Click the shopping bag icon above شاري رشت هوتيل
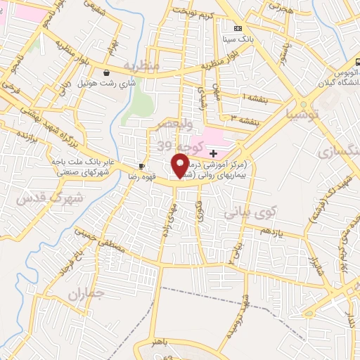pos(106,72)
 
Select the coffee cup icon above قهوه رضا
pos(142,167)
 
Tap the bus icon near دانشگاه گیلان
pos(359,62)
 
